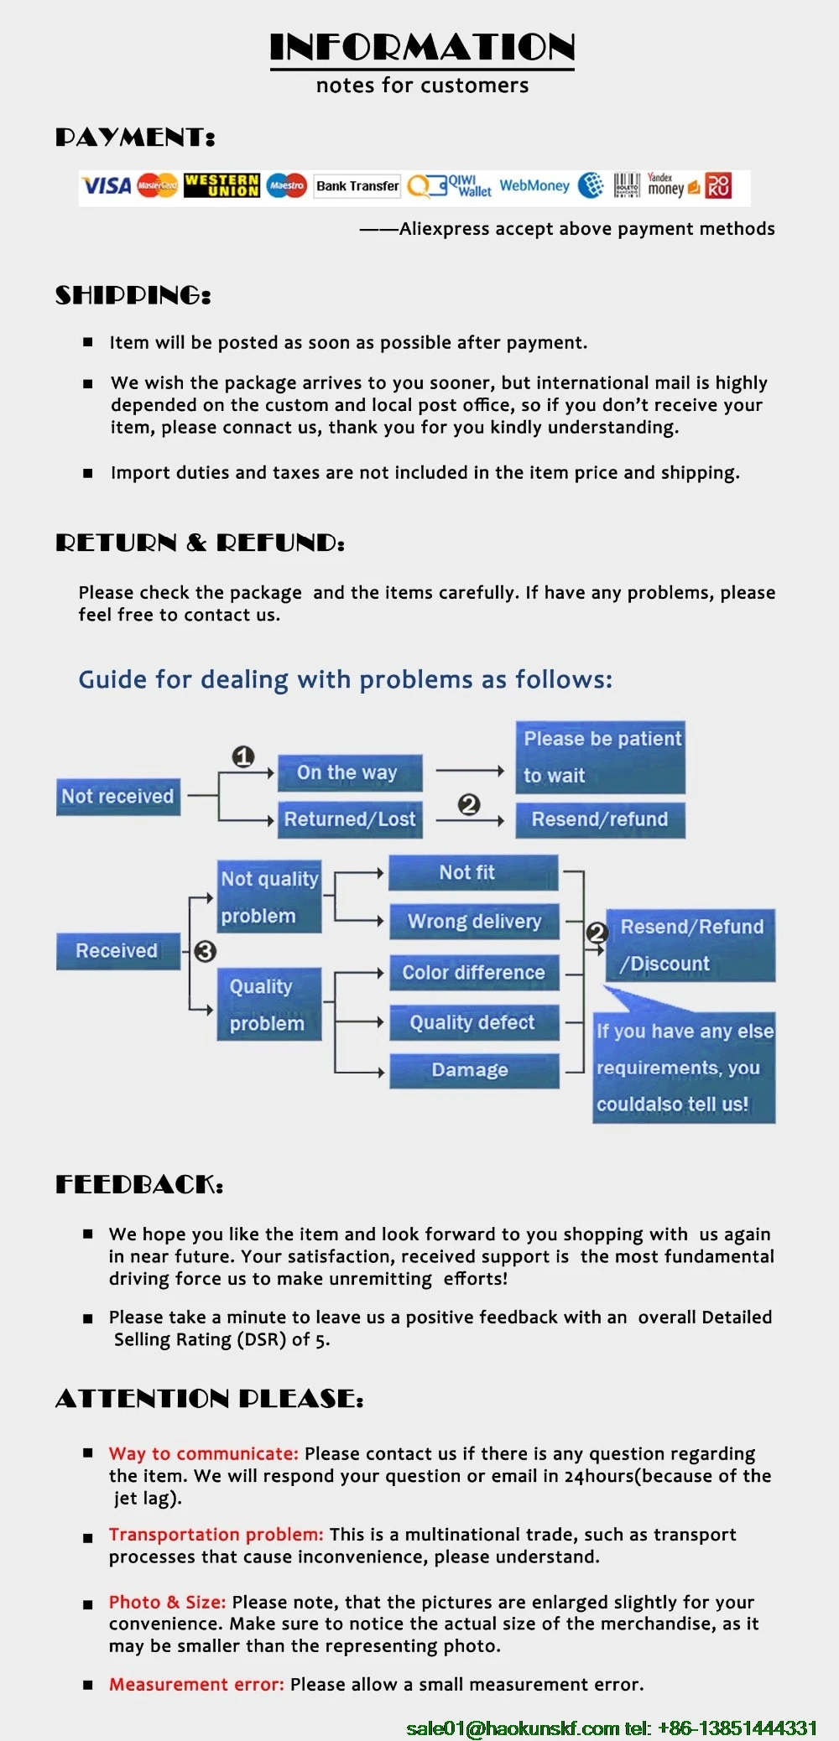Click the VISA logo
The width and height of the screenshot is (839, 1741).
click(x=107, y=185)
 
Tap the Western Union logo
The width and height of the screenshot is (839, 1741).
click(x=221, y=185)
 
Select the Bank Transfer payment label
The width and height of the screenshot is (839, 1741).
click(x=357, y=186)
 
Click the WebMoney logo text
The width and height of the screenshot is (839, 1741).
click(x=534, y=185)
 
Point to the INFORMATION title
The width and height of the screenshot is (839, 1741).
click(x=422, y=48)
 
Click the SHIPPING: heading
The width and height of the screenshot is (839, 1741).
click(x=133, y=295)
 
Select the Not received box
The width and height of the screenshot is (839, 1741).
click(x=117, y=796)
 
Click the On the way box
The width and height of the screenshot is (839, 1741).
click(x=347, y=772)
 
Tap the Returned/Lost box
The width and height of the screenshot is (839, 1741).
click(x=350, y=819)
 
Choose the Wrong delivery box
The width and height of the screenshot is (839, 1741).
click(x=474, y=921)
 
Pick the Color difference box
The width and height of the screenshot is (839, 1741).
click(x=474, y=973)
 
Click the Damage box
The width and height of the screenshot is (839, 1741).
click(x=470, y=1070)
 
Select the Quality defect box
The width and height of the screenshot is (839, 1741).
click(x=472, y=1022)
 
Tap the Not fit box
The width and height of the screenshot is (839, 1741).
click(x=467, y=873)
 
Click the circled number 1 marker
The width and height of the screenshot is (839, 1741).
click(x=243, y=757)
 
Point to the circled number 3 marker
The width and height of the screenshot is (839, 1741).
click(x=206, y=951)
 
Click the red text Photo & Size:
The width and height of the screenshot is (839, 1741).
click(x=167, y=1602)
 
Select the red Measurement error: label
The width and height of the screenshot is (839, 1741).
click(x=196, y=1684)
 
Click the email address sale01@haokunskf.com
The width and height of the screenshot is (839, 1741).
click(x=513, y=1728)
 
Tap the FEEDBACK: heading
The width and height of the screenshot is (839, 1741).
click(x=139, y=1184)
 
